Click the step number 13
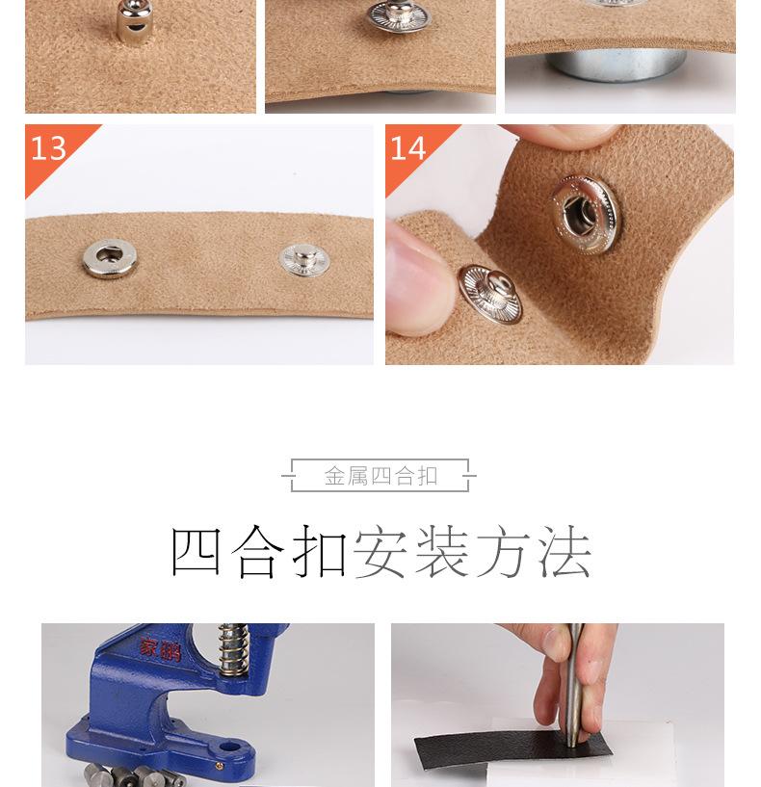point(48,148)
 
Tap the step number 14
point(407,148)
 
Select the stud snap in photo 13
point(303,258)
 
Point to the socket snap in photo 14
point(586,207)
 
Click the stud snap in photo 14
point(489,293)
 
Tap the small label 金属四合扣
point(380,476)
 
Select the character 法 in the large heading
point(564,552)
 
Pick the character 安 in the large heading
point(380,552)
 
